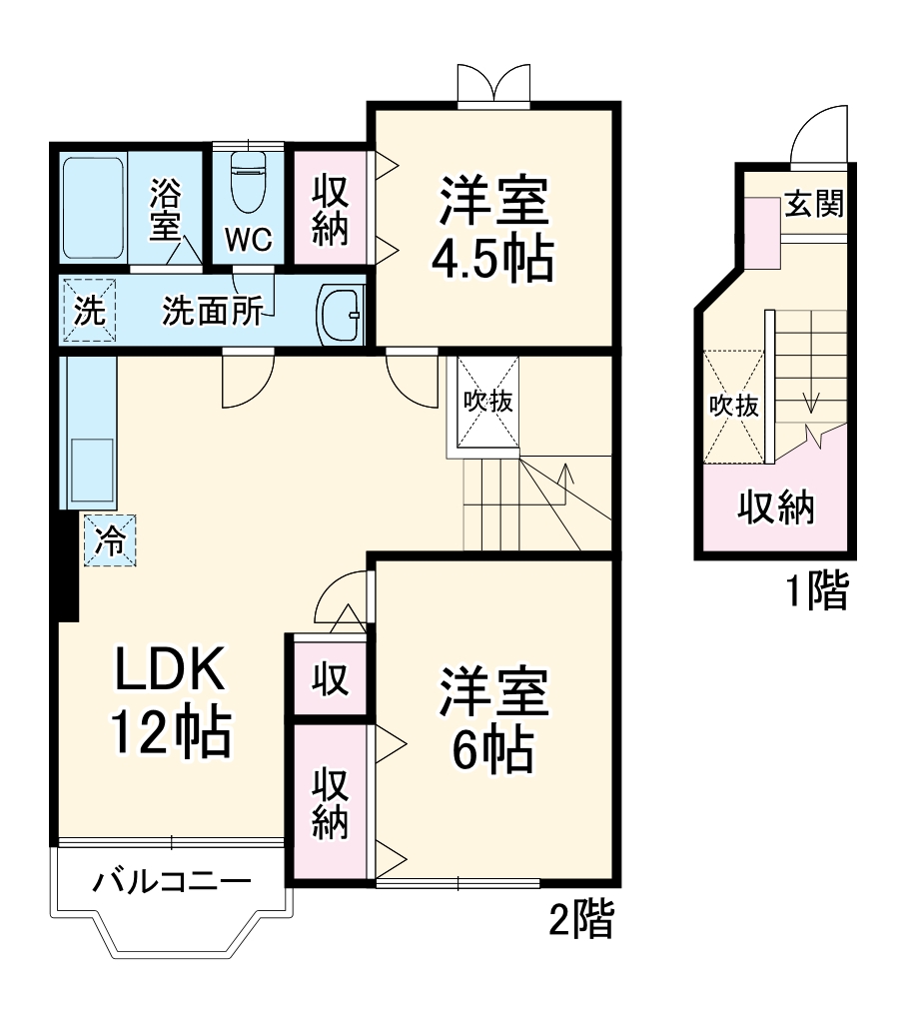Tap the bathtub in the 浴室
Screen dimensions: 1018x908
(x=93, y=207)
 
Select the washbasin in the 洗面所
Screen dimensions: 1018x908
(x=340, y=312)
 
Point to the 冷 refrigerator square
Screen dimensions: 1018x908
(x=110, y=541)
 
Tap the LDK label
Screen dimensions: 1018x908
(x=170, y=672)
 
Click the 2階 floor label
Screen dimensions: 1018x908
(x=580, y=920)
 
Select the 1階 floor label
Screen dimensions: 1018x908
(x=814, y=592)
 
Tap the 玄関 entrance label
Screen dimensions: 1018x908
(x=813, y=204)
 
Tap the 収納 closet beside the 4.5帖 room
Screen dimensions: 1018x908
(x=329, y=209)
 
